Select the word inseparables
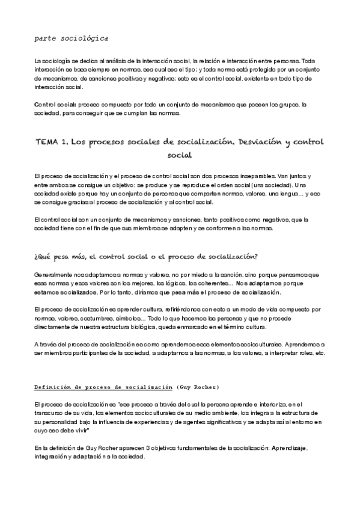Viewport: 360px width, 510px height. pyautogui.click(x=263, y=176)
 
